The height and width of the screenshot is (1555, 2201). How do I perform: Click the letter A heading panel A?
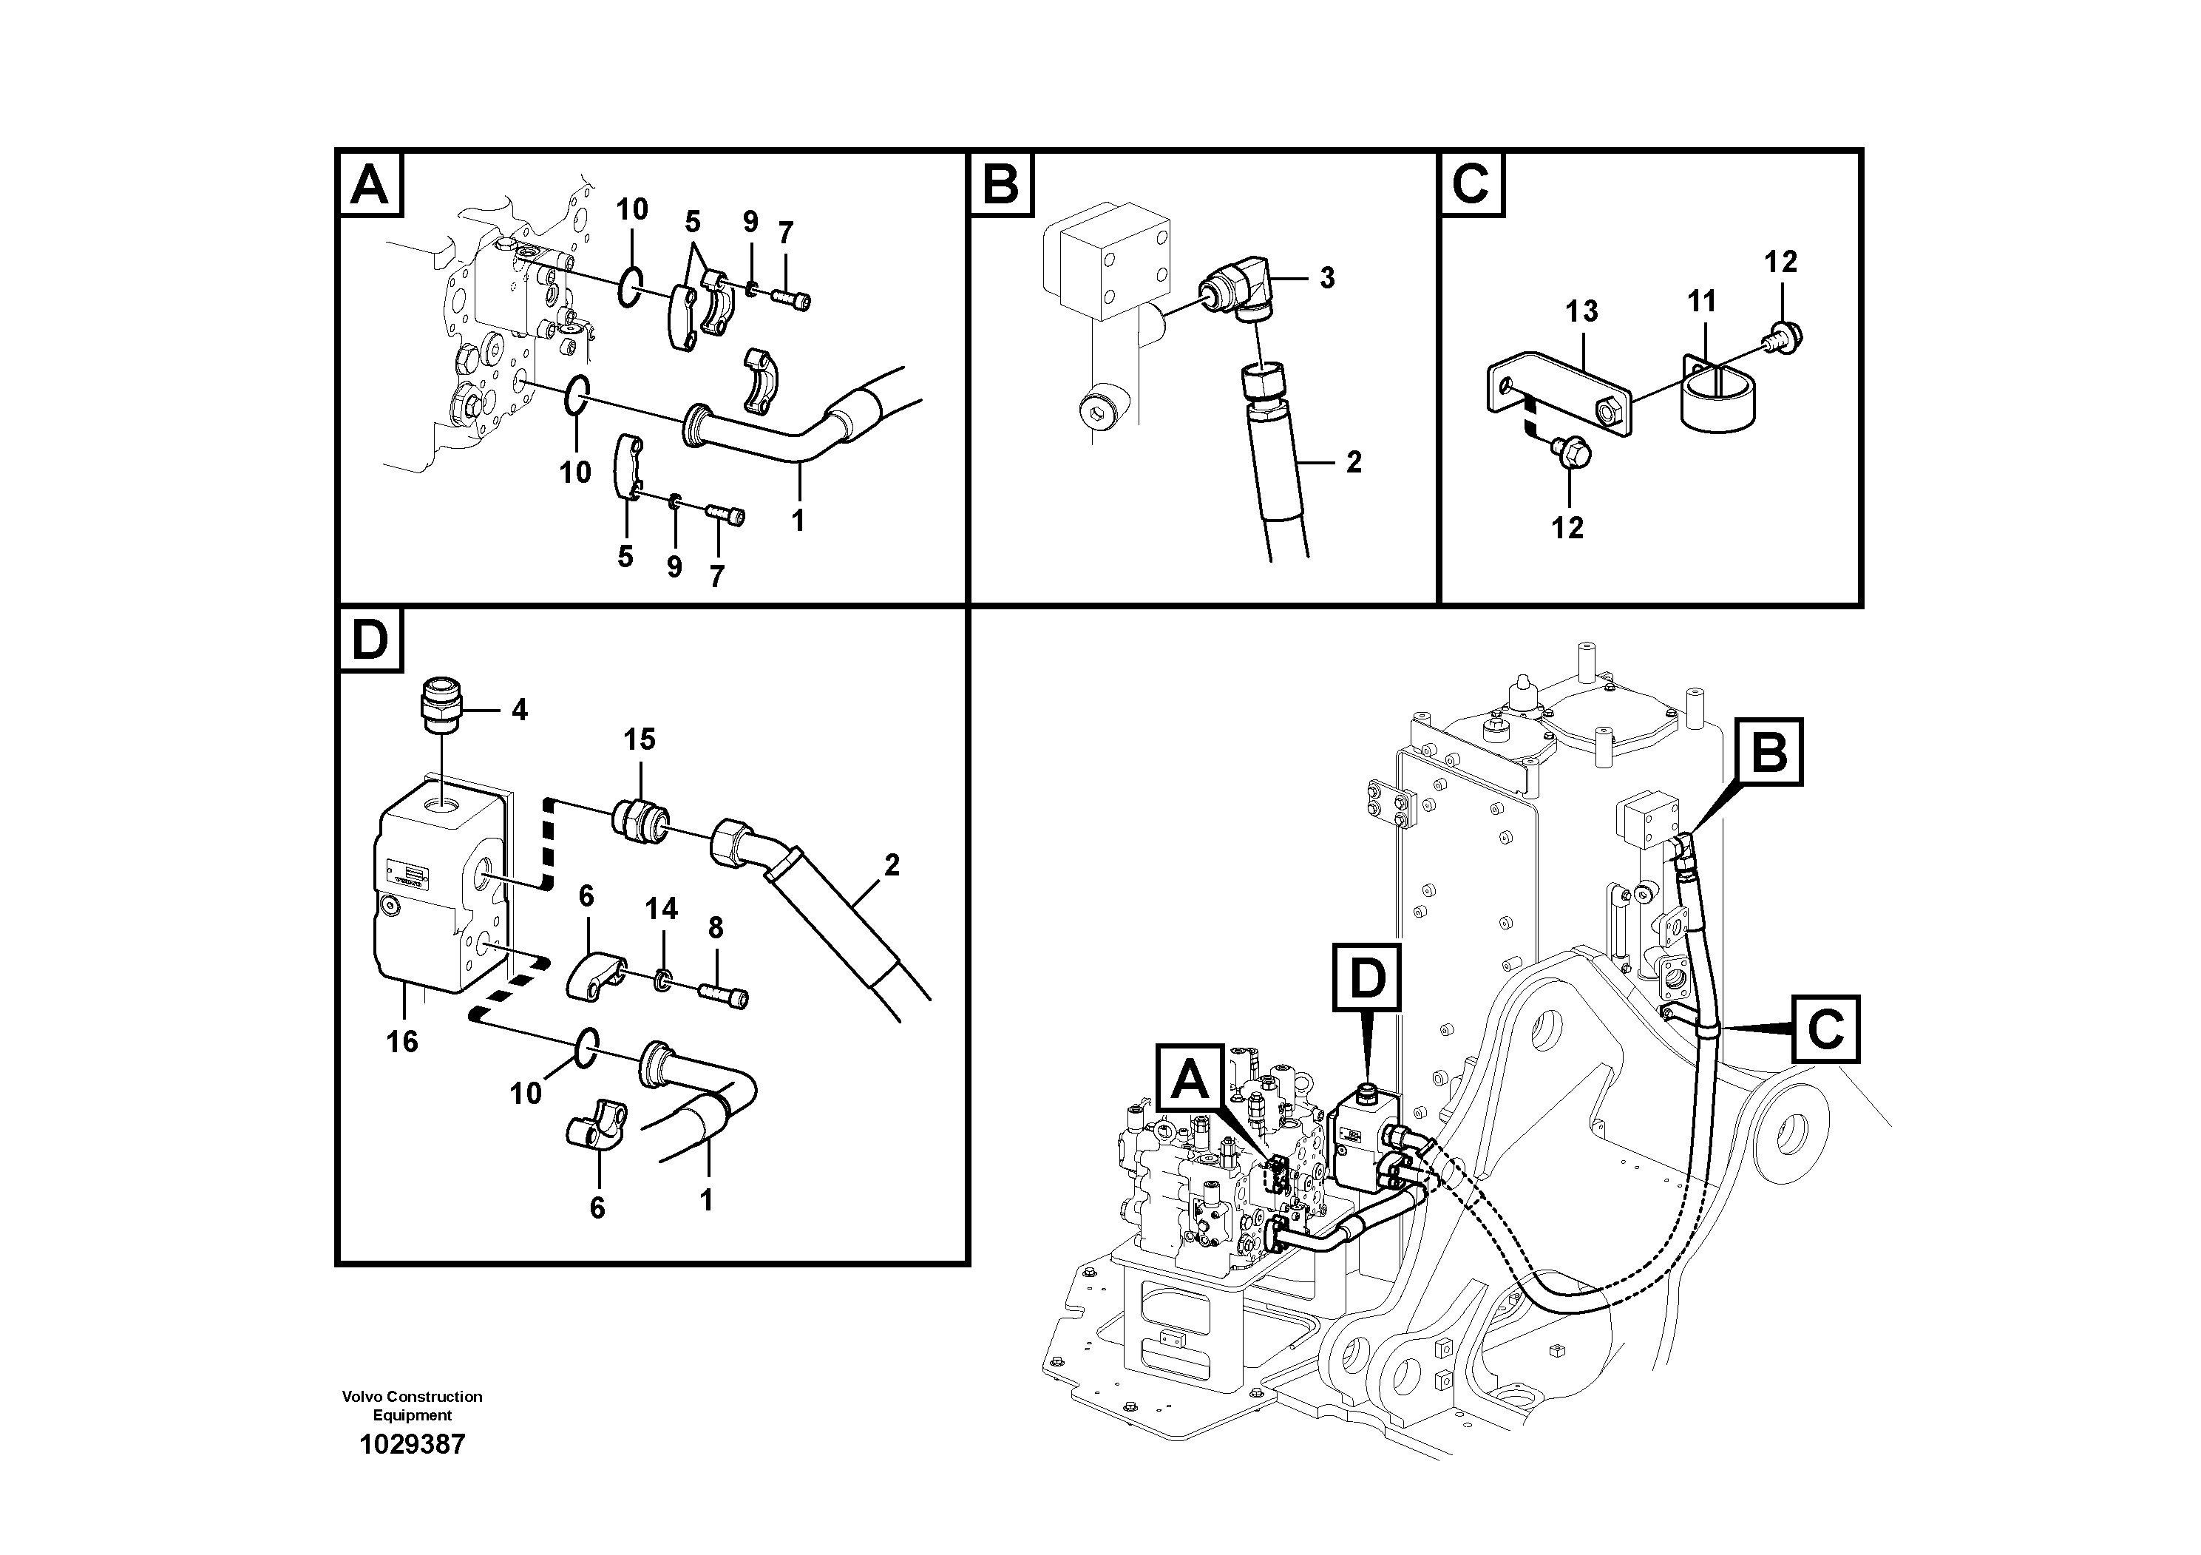(x=370, y=184)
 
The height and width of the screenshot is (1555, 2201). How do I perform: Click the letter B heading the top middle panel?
(x=1001, y=184)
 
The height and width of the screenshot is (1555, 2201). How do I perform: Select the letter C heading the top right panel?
(x=1471, y=184)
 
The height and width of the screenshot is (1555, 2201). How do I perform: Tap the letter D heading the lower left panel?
(x=370, y=640)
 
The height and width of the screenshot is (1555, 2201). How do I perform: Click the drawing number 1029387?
(x=413, y=1445)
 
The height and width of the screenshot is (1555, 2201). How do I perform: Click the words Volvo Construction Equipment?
(x=413, y=1406)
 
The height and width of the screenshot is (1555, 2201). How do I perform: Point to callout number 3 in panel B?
(x=1326, y=278)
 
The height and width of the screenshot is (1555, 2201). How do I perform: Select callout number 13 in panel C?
(x=1581, y=311)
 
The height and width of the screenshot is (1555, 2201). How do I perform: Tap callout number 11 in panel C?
(x=1701, y=302)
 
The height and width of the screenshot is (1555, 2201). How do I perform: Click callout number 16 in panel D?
(x=401, y=1041)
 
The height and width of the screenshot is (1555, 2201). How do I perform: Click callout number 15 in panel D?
(x=640, y=739)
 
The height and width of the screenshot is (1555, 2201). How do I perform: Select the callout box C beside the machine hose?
(x=1826, y=1029)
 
